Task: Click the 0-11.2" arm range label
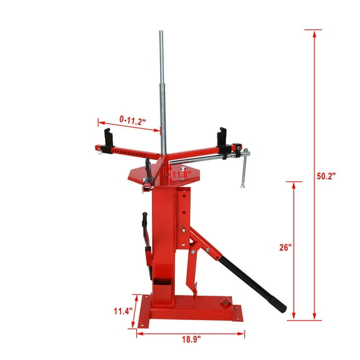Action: coord(131,119)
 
